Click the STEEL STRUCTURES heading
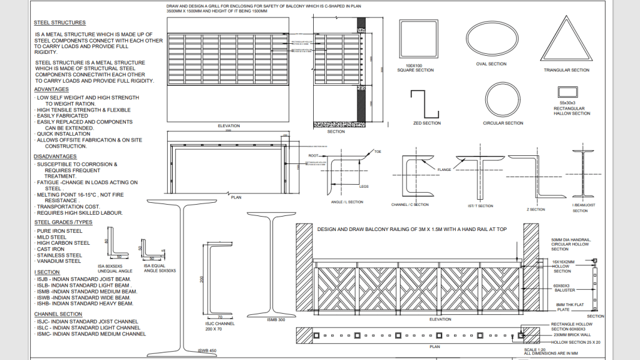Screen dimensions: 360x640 [x=60, y=23]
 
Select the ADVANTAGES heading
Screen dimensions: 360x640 [x=51, y=90]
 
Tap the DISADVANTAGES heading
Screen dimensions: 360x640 [x=55, y=157]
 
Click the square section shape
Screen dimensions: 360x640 [x=418, y=39]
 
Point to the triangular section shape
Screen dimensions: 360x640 [x=565, y=40]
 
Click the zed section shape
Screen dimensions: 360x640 [x=426, y=104]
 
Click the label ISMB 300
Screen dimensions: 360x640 [x=275, y=319]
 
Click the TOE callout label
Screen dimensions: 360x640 [x=378, y=152]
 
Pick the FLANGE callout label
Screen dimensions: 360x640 [x=444, y=170]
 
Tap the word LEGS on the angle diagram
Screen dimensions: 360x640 [x=364, y=186]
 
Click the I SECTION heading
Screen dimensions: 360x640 [x=48, y=273]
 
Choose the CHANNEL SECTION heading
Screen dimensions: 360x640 [x=58, y=314]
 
